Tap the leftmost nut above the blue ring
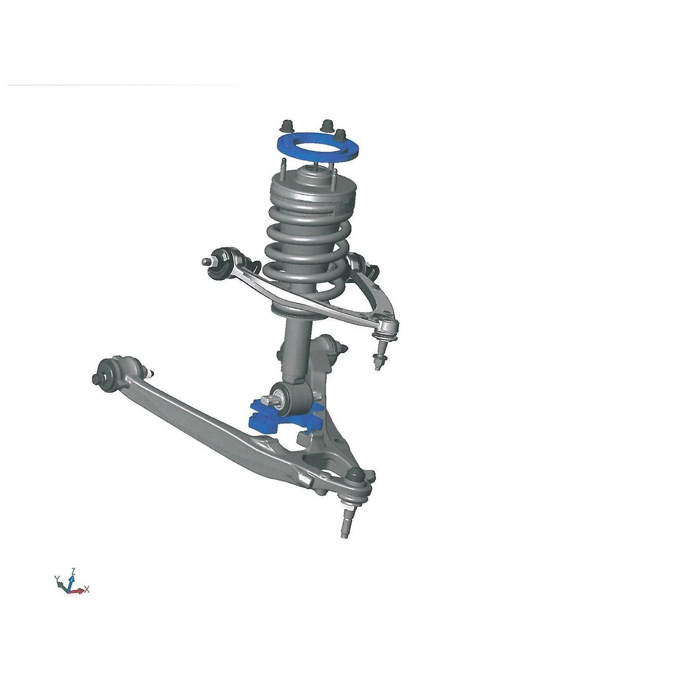[285, 127]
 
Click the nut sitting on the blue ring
[341, 136]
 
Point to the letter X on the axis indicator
[87, 589]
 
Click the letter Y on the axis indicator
[56, 579]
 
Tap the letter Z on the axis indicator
[73, 571]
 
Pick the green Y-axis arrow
[62, 585]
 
